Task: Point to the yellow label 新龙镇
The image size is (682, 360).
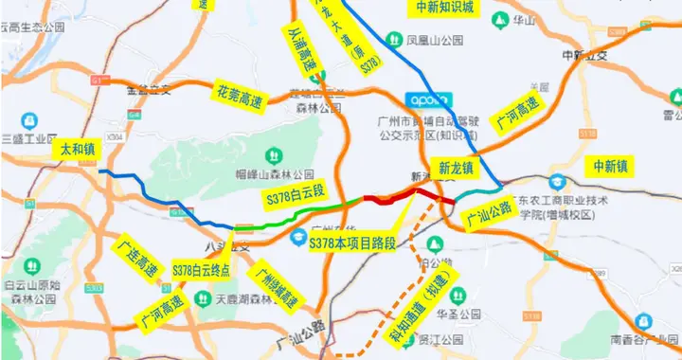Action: pos(457,168)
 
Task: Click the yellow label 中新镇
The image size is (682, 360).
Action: pos(610,167)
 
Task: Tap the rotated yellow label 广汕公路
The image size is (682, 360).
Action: pos(489,215)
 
